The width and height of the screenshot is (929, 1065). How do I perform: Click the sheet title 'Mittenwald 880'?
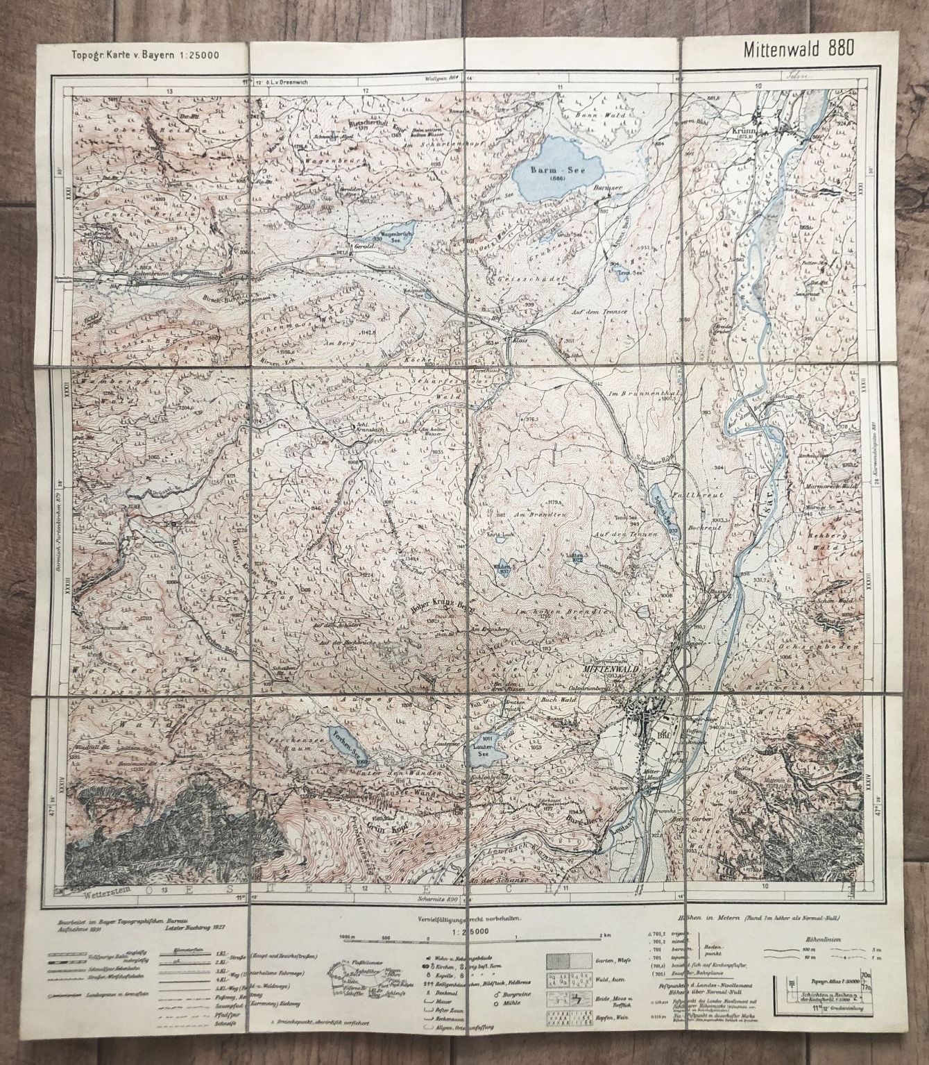click(x=797, y=49)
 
